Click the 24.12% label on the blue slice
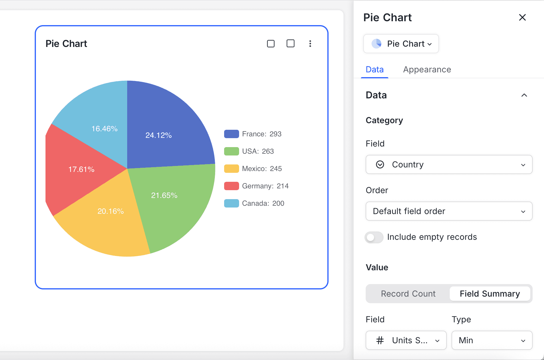tap(159, 135)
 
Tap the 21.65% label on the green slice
tap(164, 196)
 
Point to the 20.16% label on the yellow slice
tap(111, 211)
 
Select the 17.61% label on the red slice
tap(81, 170)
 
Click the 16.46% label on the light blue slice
tap(104, 129)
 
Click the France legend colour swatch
tap(231, 134)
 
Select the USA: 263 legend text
tap(258, 151)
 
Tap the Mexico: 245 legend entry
tap(262, 169)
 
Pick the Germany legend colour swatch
tap(231, 186)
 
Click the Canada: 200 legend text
tap(263, 203)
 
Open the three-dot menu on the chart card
tap(310, 44)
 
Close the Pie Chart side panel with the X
tap(522, 17)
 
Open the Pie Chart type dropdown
tap(401, 44)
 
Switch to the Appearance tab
tap(427, 69)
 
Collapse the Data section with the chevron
tap(524, 95)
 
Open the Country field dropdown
tap(449, 164)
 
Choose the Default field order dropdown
tap(449, 211)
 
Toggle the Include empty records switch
tap(374, 237)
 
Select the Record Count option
tap(408, 294)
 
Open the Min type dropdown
tap(492, 340)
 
